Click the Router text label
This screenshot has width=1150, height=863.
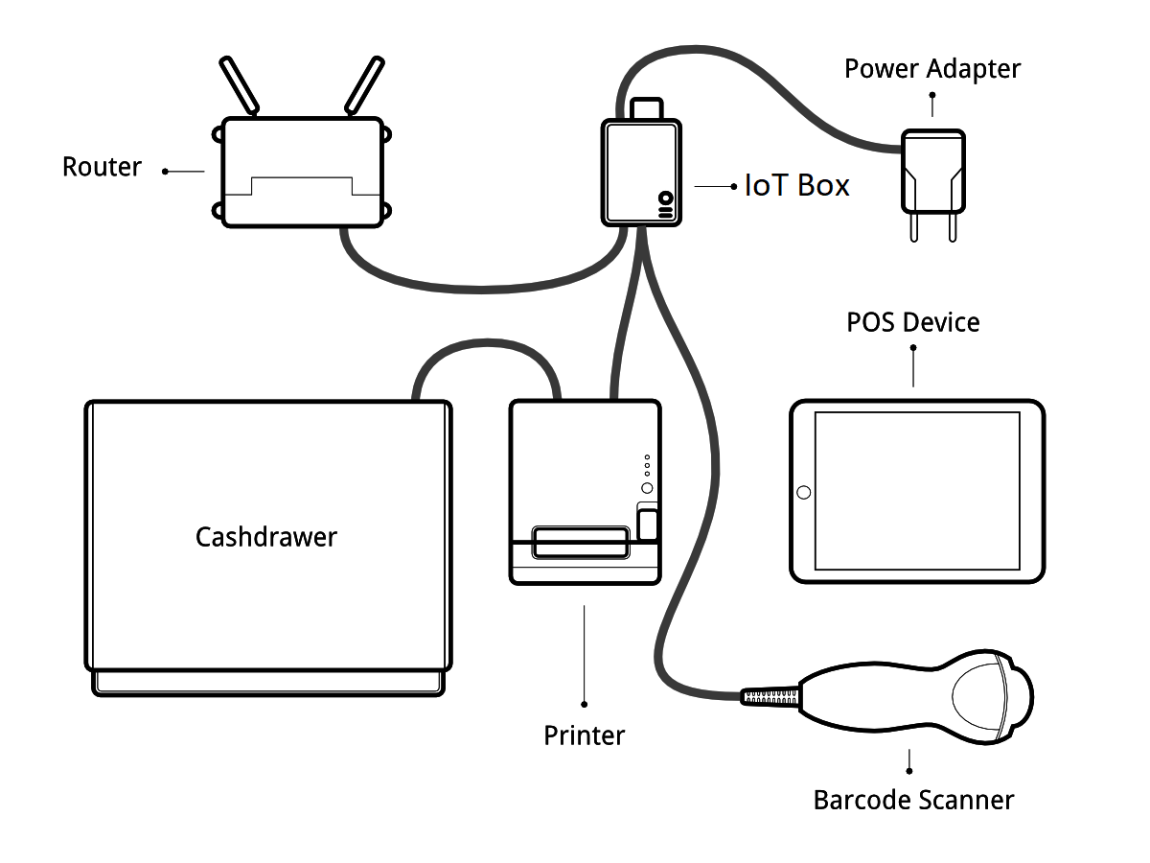[x=102, y=167]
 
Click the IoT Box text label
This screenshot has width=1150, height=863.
[x=796, y=185]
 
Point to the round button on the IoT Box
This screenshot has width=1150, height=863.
[x=665, y=198]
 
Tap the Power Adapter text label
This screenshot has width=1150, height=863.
[x=931, y=69]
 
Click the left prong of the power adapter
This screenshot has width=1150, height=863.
[x=914, y=226]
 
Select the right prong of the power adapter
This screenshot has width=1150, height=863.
[x=952, y=226]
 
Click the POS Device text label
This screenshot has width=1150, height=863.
[x=912, y=322]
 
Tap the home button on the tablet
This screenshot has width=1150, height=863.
[x=803, y=493]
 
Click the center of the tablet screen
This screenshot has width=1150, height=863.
[x=917, y=491]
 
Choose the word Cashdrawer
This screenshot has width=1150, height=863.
[x=266, y=537]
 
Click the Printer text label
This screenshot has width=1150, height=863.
[x=584, y=736]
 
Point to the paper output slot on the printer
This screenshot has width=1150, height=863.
[x=581, y=542]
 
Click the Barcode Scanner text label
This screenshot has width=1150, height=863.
[x=912, y=800]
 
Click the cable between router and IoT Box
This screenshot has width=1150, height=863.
[x=479, y=285]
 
